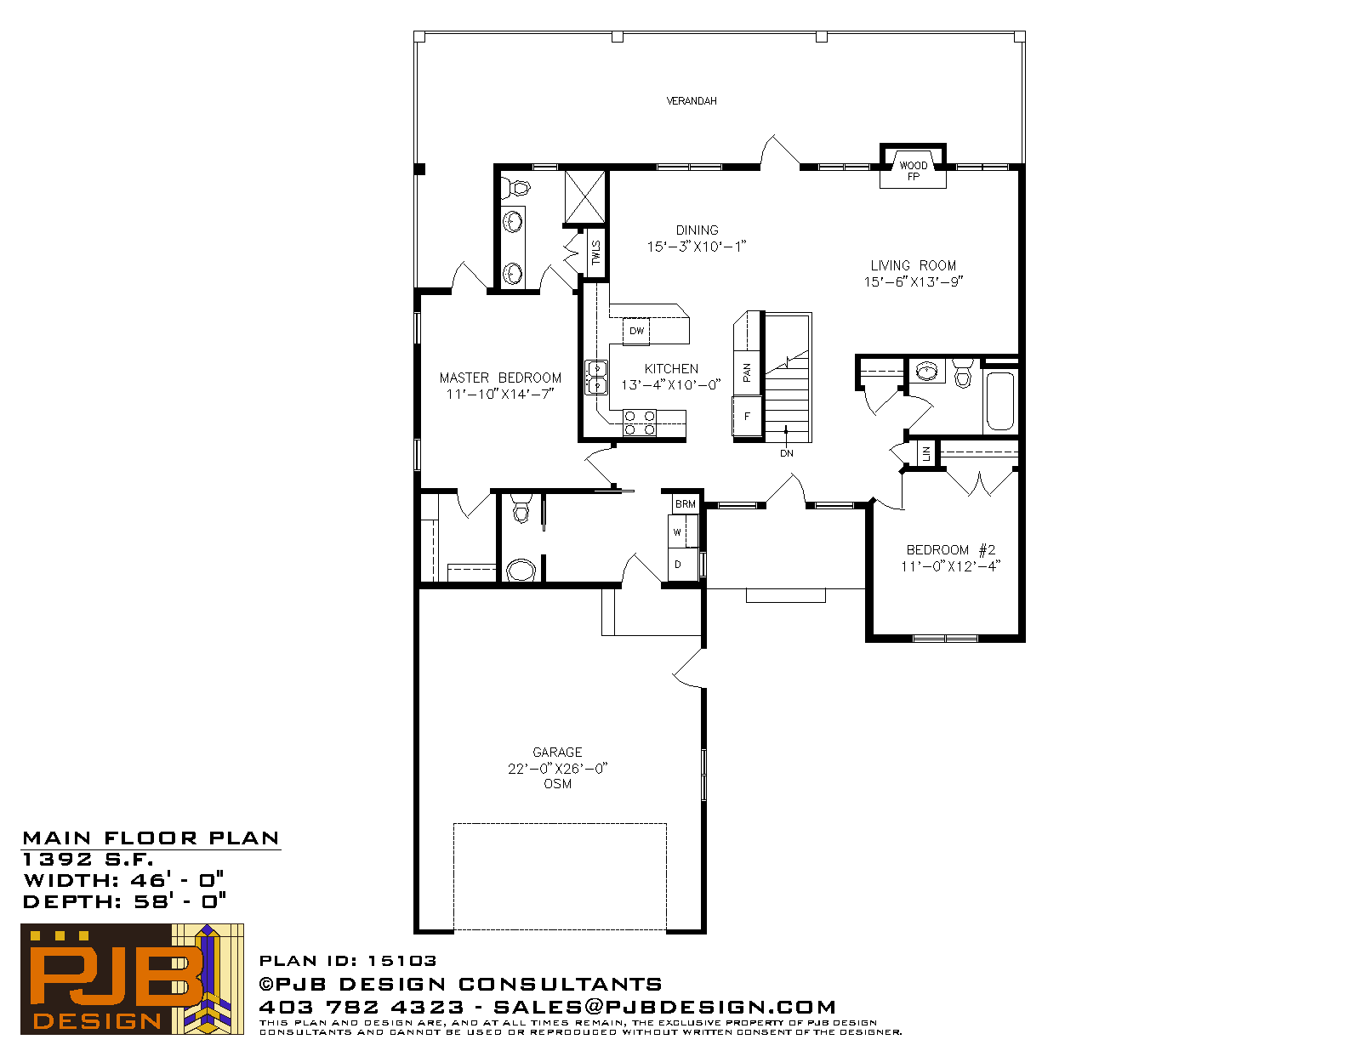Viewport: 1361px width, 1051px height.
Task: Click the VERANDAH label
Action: [692, 101]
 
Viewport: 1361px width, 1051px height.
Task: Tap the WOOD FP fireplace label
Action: [914, 171]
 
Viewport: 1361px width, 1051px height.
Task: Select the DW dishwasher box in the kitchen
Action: [636, 331]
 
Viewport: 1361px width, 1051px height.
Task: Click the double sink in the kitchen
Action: [596, 378]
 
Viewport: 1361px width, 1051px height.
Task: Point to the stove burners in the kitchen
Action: [640, 423]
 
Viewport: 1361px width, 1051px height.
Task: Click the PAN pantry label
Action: [747, 372]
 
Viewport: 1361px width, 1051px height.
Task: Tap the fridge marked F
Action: [747, 416]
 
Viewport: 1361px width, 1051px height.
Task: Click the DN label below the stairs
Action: [787, 453]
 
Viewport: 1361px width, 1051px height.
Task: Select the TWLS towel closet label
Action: [595, 253]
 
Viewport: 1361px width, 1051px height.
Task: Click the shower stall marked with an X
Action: [585, 196]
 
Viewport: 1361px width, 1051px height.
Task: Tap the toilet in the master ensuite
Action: [517, 186]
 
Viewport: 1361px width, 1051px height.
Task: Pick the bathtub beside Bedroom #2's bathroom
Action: [999, 401]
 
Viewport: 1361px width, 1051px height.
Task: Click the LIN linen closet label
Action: [926, 453]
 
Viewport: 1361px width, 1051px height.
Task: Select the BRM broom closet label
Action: [686, 504]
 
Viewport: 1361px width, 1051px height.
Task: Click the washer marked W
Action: [683, 531]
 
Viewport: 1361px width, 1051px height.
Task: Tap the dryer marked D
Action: [683, 565]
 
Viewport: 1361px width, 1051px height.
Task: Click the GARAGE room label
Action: [557, 752]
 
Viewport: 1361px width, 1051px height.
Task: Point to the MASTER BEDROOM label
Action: [500, 378]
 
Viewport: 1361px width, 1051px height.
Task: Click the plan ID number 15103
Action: [401, 960]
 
